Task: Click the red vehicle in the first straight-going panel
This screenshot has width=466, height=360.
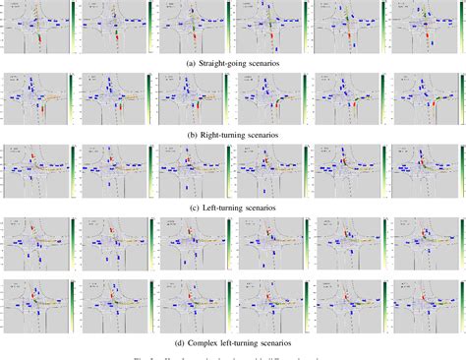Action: pos(40,38)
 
